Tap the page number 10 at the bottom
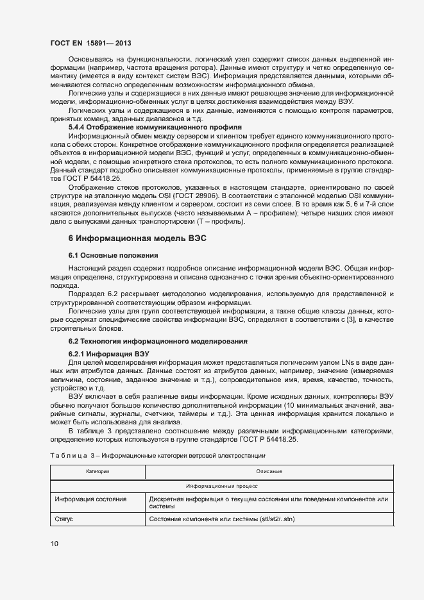[54, 544]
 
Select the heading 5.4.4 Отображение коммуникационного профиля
[155, 128]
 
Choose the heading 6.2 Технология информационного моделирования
[158, 340]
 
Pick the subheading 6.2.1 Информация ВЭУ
[108, 353]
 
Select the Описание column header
[269, 471]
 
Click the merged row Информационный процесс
[221, 487]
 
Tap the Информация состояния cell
[90, 499]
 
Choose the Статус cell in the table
[64, 519]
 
